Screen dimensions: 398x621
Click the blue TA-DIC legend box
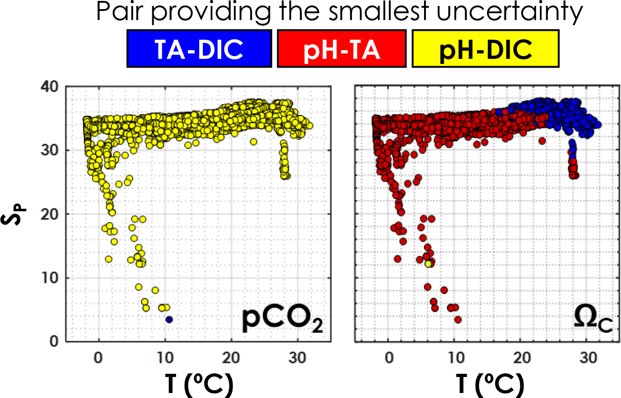[x=199, y=48]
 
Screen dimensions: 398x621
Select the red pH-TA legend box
[x=342, y=48]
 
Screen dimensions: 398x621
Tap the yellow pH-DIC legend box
[x=485, y=48]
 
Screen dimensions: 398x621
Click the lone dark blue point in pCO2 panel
[x=169, y=319]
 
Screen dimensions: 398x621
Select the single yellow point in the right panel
[x=429, y=264]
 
